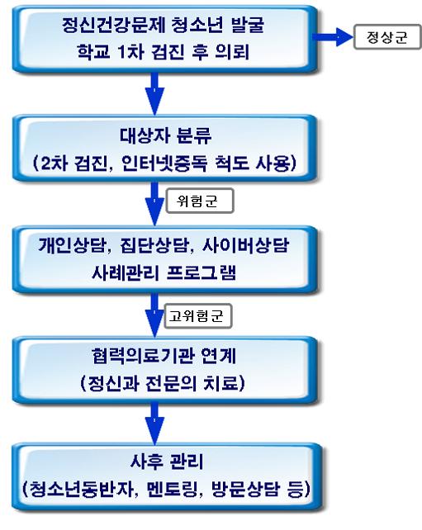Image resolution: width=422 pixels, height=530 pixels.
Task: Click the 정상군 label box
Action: pyautogui.click(x=387, y=37)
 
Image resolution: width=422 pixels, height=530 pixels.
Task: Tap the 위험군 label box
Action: pyautogui.click(x=200, y=201)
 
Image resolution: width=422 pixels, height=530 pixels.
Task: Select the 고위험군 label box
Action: pyautogui.click(x=198, y=316)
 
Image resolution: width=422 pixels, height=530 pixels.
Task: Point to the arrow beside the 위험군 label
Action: pyautogui.click(x=154, y=204)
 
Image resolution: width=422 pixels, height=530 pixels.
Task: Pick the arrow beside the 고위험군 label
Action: pyautogui.click(x=154, y=315)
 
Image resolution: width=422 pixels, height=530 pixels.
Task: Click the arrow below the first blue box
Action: pyautogui.click(x=154, y=94)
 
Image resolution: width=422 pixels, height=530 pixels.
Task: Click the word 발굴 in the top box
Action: pyautogui.click(x=248, y=25)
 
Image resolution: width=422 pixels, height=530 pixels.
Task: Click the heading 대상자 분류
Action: pyautogui.click(x=165, y=136)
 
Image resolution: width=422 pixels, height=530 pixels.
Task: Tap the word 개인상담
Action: pyautogui.click(x=72, y=245)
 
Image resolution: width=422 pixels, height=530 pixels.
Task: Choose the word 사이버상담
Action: pyautogui.click(x=245, y=245)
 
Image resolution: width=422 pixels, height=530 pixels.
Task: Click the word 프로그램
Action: pyautogui.click(x=202, y=272)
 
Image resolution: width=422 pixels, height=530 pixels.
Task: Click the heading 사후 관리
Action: pyautogui.click(x=167, y=461)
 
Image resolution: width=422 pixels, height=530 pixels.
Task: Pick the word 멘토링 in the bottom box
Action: pyautogui.click(x=172, y=489)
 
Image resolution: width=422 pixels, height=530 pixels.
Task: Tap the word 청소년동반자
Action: pyautogui.click(x=82, y=489)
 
